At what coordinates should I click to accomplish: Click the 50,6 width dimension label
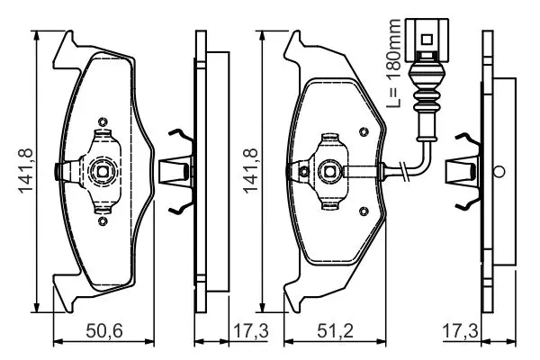[x=104, y=331]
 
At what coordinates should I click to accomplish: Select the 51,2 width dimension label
[x=335, y=331]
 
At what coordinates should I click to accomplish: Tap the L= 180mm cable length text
[x=393, y=63]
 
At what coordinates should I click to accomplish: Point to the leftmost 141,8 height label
[x=25, y=171]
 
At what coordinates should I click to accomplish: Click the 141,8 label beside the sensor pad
[x=250, y=171]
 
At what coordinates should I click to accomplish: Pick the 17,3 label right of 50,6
[x=251, y=331]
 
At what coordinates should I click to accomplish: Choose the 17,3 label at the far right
[x=460, y=331]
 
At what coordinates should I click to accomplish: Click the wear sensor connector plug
[x=427, y=40]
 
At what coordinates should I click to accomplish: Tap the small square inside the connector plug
[x=427, y=40]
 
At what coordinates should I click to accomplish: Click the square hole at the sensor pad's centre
[x=330, y=170]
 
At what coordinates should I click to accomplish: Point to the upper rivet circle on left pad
[x=103, y=121]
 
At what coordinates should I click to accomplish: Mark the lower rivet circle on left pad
[x=103, y=220]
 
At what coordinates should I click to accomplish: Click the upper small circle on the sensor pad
[x=364, y=131]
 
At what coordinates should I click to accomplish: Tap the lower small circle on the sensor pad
[x=364, y=211]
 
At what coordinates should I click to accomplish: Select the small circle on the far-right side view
[x=499, y=171]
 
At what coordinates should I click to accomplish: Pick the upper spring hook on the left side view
[x=181, y=135]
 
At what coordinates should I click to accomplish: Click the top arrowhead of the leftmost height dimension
[x=37, y=35]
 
